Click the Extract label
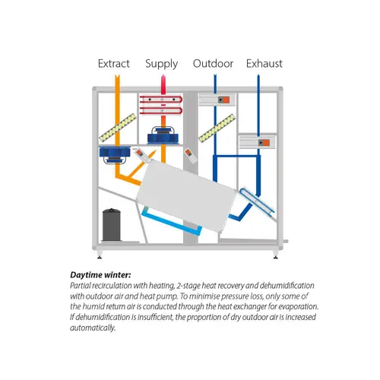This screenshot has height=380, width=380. pyautogui.click(x=113, y=63)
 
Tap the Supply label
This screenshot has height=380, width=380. pyautogui.click(x=162, y=63)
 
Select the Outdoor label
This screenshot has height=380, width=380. pyautogui.click(x=213, y=63)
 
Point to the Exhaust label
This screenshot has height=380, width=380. pyautogui.click(x=264, y=63)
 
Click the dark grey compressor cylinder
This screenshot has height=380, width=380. pyautogui.click(x=112, y=222)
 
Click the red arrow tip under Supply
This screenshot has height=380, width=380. pyautogui.click(x=161, y=78)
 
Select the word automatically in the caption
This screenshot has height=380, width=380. pyautogui.click(x=116, y=328)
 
